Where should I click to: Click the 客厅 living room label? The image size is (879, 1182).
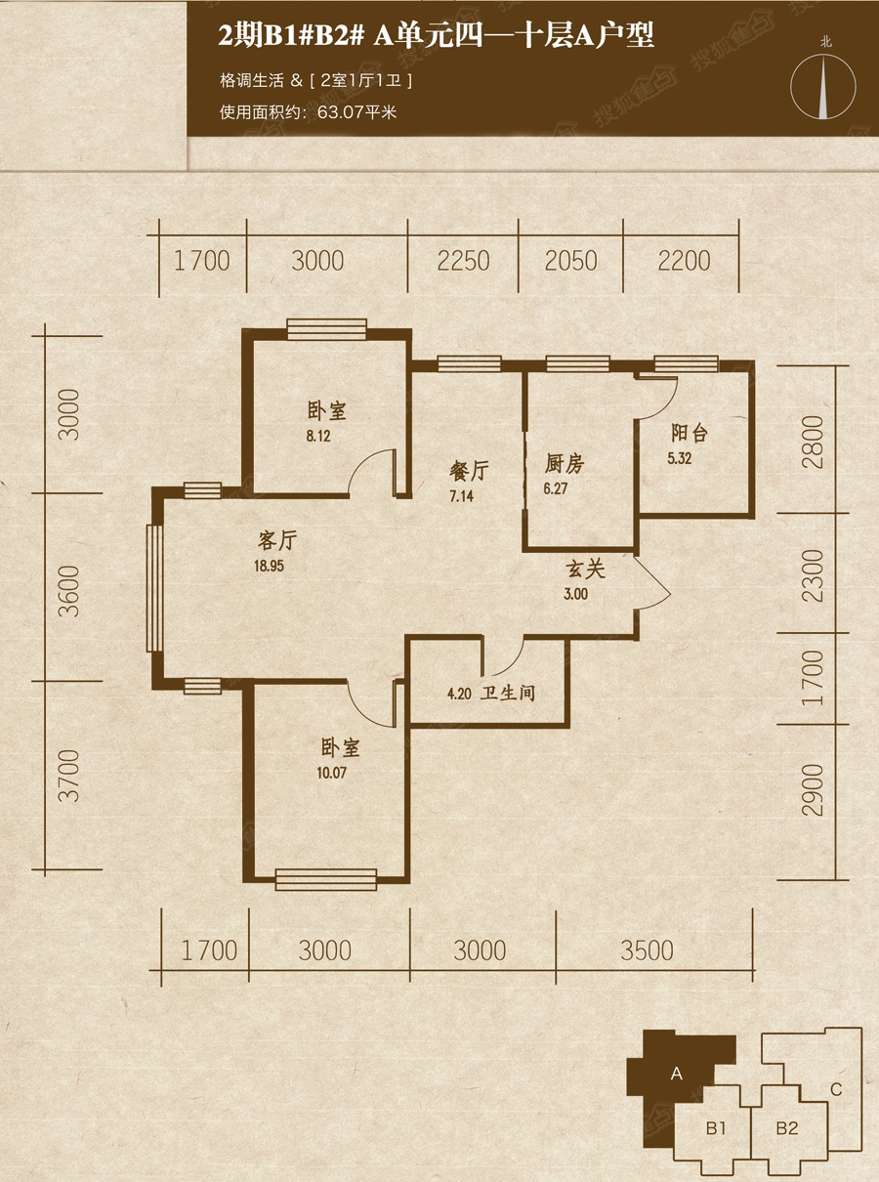pos(277,541)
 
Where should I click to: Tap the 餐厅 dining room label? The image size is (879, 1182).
pos(469,472)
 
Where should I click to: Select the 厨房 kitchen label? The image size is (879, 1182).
pos(564,464)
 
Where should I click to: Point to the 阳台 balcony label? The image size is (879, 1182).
pos(690,434)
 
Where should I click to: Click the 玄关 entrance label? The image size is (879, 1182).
pos(585,570)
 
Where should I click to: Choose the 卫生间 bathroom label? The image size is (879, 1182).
pos(508,694)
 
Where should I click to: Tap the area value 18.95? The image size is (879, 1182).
pos(270,566)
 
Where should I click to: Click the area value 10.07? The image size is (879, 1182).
pos(331,772)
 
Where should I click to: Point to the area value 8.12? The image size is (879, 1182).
pos(318,436)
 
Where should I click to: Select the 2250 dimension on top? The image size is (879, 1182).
pos(463,261)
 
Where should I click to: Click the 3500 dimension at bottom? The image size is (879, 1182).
pos(647,950)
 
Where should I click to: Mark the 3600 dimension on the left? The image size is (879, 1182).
pos(69,592)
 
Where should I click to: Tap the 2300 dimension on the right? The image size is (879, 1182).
pos(813,576)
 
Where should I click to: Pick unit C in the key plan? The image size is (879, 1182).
pos(836,1075)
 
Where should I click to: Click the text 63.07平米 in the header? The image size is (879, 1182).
pos(356,112)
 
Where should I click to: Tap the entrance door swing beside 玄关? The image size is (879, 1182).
pos(652,583)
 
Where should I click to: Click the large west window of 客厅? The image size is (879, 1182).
pos(154,588)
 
